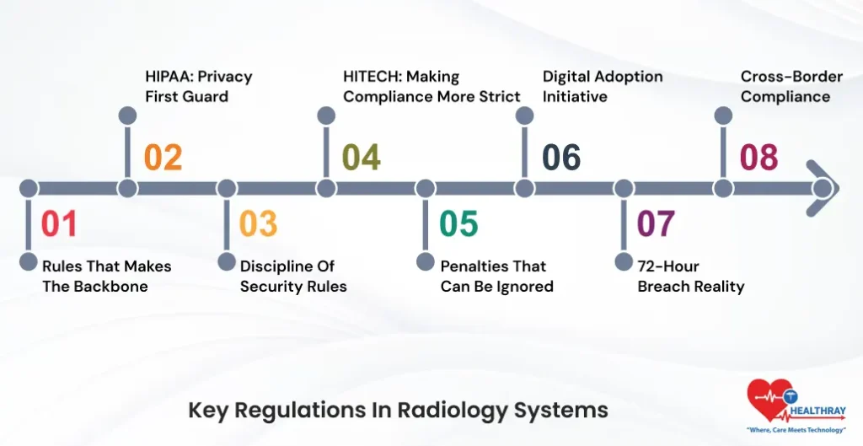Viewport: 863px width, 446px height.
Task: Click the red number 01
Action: pyautogui.click(x=59, y=223)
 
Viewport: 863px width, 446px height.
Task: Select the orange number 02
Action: pyautogui.click(x=163, y=158)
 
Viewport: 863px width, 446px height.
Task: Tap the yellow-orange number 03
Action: pyautogui.click(x=258, y=223)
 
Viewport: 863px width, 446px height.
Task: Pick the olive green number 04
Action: pyautogui.click(x=361, y=158)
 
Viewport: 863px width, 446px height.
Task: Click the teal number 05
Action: pyautogui.click(x=458, y=223)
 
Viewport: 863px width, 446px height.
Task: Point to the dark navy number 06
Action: pyautogui.click(x=561, y=158)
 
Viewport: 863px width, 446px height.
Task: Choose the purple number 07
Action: pyautogui.click(x=656, y=223)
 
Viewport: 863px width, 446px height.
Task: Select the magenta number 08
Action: pyautogui.click(x=758, y=158)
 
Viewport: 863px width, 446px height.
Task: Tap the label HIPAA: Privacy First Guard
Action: pyautogui.click(x=198, y=86)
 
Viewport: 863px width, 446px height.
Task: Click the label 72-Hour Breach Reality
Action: pyautogui.click(x=691, y=277)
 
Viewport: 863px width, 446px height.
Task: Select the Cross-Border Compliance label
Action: pyautogui.click(x=791, y=86)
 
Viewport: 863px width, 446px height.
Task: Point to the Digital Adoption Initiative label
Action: pyautogui.click(x=602, y=86)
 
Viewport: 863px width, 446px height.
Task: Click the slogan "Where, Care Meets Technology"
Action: pyautogui.click(x=795, y=430)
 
